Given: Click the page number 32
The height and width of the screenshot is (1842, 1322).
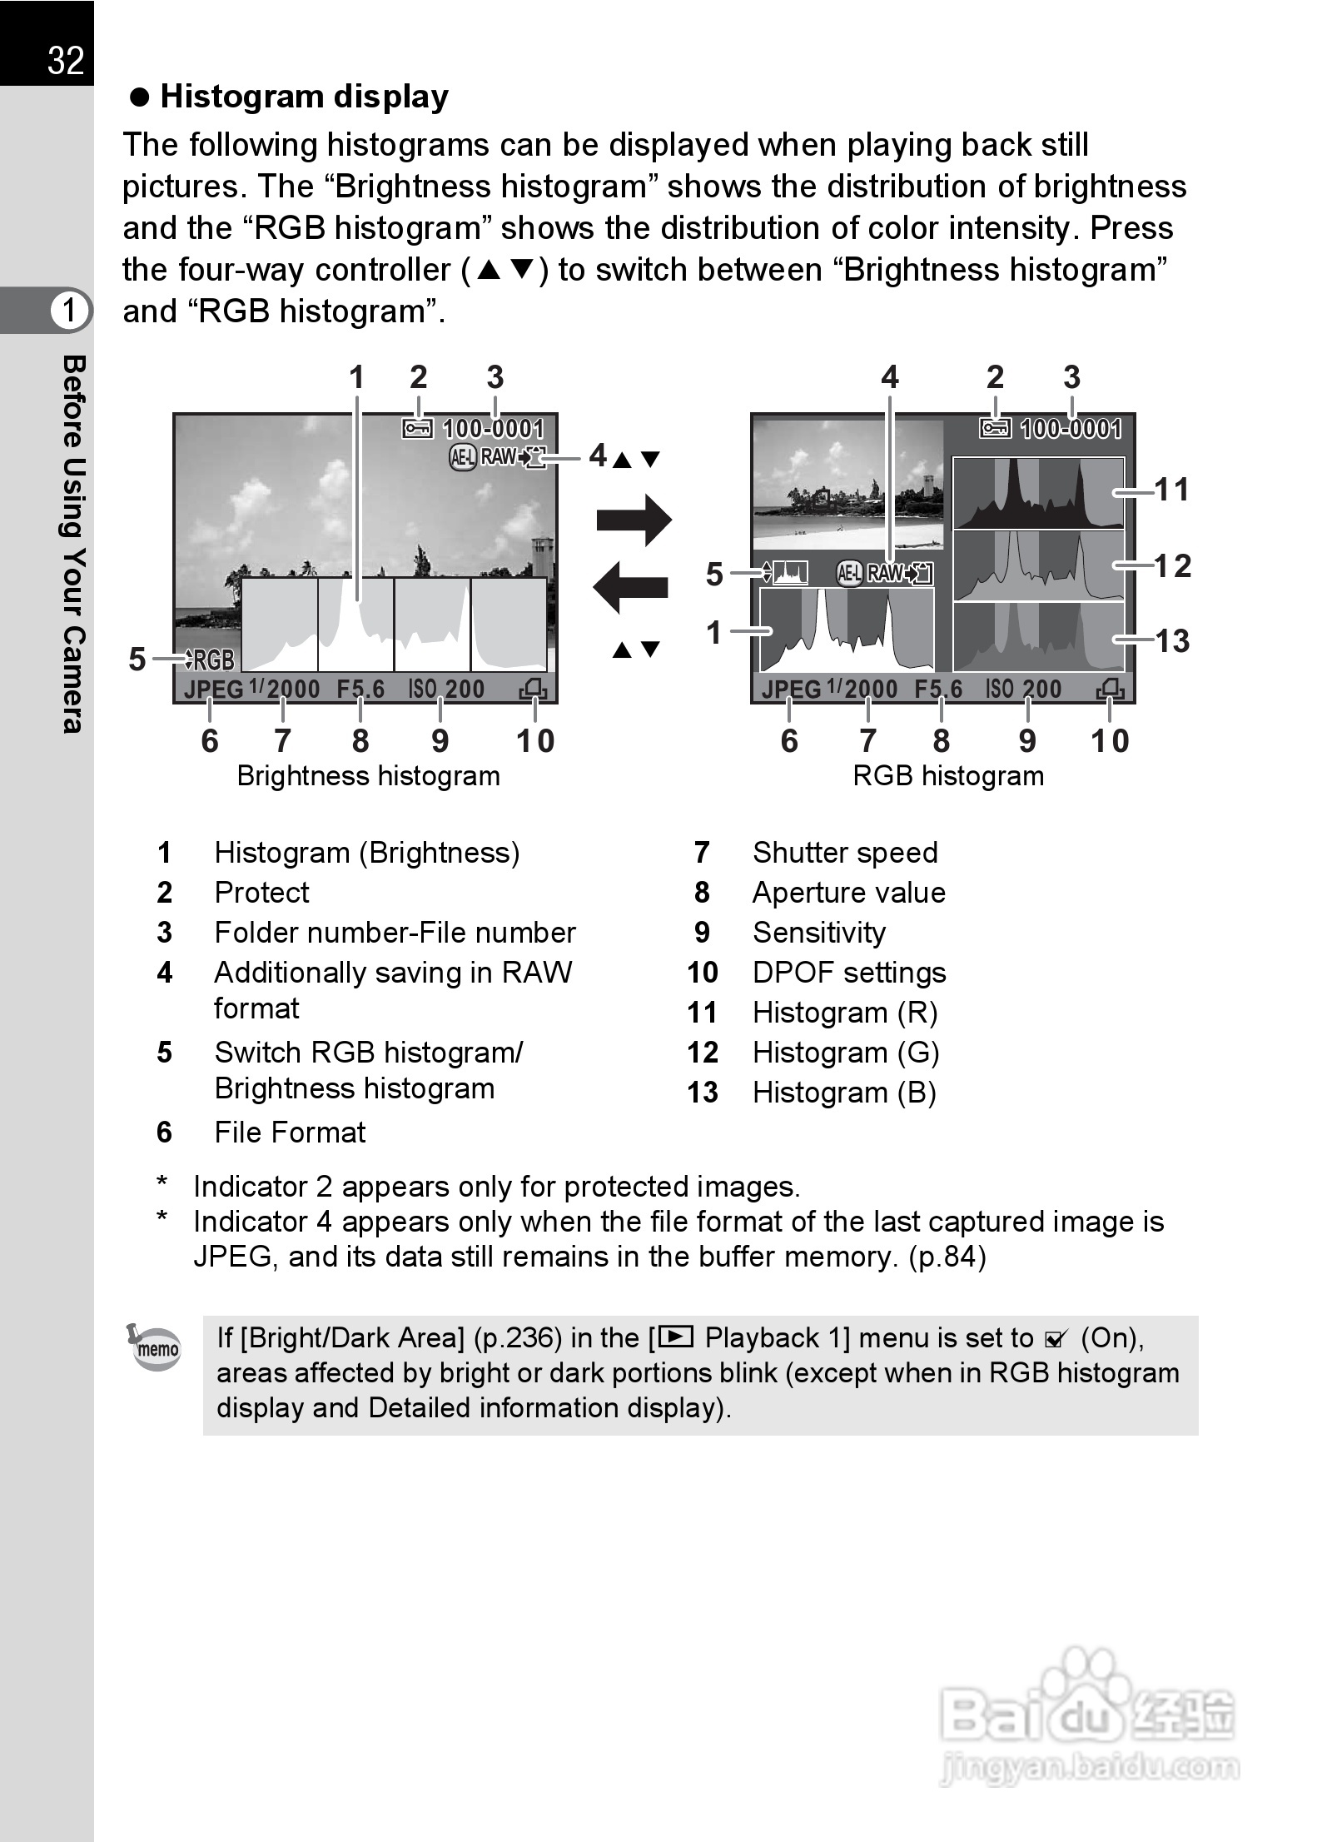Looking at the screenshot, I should pyautogui.click(x=66, y=61).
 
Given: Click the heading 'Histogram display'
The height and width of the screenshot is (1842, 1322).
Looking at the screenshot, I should pyautogui.click(x=304, y=97).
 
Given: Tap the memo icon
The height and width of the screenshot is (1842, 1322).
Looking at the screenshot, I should pyautogui.click(x=156, y=1347).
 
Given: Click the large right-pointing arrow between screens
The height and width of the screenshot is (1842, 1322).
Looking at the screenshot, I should pyautogui.click(x=634, y=520).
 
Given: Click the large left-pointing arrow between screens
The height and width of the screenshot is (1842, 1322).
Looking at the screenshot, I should pyautogui.click(x=631, y=586).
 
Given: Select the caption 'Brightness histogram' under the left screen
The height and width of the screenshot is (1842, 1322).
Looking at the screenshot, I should pyautogui.click(x=368, y=776).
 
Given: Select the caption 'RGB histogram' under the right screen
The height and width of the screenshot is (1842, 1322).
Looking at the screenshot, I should pyautogui.click(x=947, y=776).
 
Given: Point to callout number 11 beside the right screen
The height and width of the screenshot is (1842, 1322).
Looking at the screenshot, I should pyautogui.click(x=1172, y=490).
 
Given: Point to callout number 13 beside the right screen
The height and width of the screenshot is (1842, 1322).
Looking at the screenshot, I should pyautogui.click(x=1172, y=641).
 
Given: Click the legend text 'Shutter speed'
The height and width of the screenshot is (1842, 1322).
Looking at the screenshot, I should pyautogui.click(x=844, y=853).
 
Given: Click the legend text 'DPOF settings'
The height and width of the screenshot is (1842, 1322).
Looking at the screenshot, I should pyautogui.click(x=848, y=973).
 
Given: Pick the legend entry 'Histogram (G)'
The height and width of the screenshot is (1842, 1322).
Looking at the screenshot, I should pyautogui.click(x=845, y=1053).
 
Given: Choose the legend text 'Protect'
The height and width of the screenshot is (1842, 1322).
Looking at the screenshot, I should pyautogui.click(x=261, y=893).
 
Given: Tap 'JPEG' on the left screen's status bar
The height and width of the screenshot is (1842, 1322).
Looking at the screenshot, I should pyautogui.click(x=213, y=690).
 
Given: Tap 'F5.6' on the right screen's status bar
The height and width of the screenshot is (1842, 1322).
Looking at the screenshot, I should pyautogui.click(x=937, y=690).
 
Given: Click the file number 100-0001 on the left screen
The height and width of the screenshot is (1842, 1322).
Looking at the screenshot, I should pyautogui.click(x=493, y=430).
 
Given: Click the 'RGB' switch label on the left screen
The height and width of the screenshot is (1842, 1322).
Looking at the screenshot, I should pyautogui.click(x=214, y=660).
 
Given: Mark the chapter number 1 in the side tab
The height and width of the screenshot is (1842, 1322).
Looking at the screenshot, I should pyautogui.click(x=67, y=311).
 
